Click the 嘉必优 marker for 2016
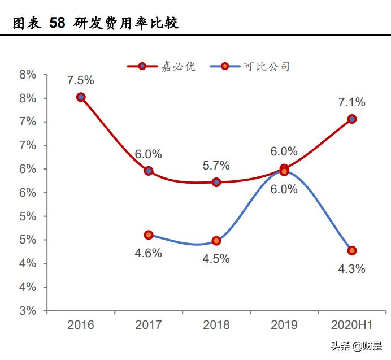click(x=81, y=97)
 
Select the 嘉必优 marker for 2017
click(x=149, y=171)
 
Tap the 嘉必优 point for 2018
click(x=216, y=183)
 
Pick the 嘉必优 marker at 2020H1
click(x=352, y=119)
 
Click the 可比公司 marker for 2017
click(x=149, y=235)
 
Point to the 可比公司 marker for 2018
click(x=216, y=241)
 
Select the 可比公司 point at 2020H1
click(x=352, y=250)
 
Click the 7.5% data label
click(x=81, y=80)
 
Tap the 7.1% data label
click(x=352, y=102)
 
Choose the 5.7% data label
click(x=216, y=166)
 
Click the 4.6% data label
click(x=148, y=253)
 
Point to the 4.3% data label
click(x=352, y=268)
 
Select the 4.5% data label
click(x=216, y=259)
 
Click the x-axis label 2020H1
click(x=352, y=325)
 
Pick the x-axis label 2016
click(x=81, y=325)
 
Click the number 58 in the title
click(x=57, y=23)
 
